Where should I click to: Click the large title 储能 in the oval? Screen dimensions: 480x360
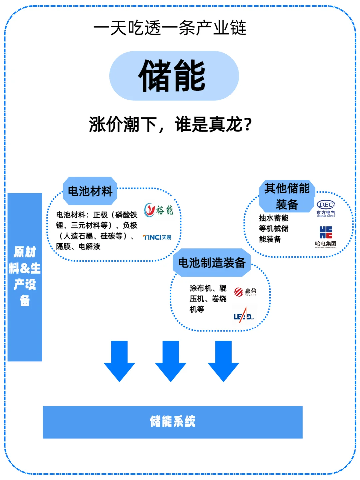pos(172,76)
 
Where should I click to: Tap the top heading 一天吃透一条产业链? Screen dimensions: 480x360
pos(170,28)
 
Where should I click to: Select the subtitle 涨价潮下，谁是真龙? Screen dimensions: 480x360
pos(170,125)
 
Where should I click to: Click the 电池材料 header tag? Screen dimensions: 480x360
pos(90,191)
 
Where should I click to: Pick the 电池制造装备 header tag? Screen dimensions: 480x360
pos(212,263)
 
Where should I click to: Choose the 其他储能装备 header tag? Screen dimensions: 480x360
pos(287,196)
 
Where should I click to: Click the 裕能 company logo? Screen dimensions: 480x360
pos(159,210)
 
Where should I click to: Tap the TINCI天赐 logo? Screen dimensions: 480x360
pos(157,237)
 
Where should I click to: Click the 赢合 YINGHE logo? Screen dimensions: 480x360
pos(245,292)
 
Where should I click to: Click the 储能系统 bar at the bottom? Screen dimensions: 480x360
pos(173,422)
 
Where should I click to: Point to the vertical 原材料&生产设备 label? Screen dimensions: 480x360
pos(25,277)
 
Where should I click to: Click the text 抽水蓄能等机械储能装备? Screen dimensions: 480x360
pos(273,229)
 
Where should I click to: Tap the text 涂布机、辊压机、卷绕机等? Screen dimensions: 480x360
pos(208,299)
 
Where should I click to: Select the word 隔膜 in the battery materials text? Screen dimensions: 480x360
pos(63,247)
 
